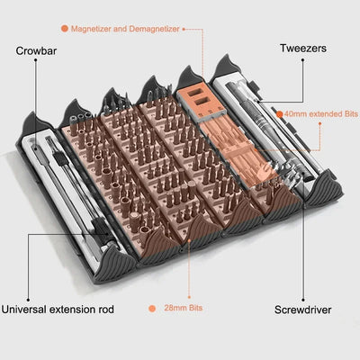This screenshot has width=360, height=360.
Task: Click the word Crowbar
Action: (37, 50)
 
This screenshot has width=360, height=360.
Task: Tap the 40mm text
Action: (295, 114)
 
